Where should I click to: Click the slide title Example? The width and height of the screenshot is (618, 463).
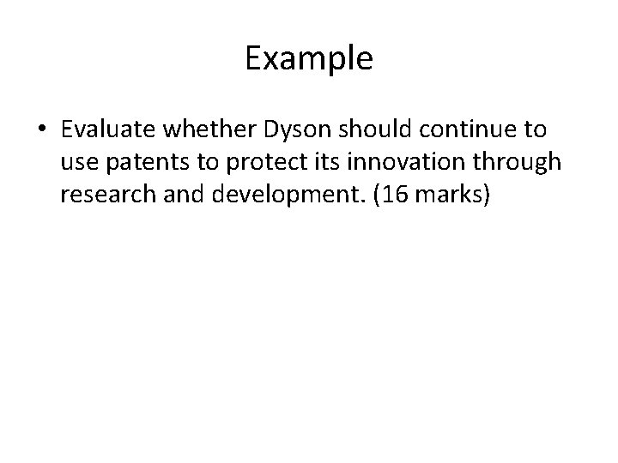309,59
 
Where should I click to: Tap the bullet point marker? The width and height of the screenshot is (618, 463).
41,131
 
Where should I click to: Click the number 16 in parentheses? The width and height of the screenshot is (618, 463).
387,195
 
